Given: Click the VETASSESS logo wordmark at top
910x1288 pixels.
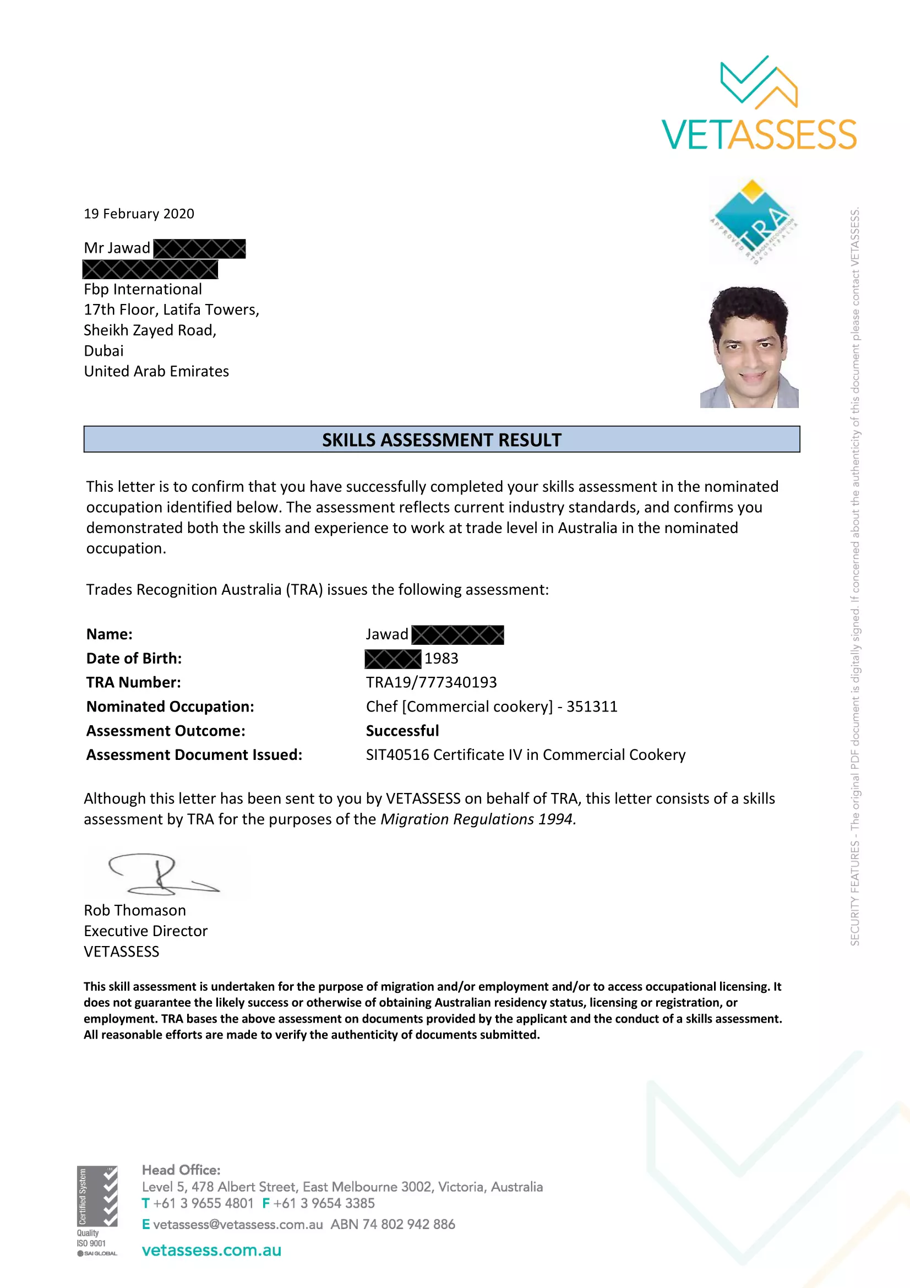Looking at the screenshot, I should [x=759, y=134].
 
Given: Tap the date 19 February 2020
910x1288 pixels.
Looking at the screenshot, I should [x=139, y=214].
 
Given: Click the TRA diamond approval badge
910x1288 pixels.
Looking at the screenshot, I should [x=753, y=221].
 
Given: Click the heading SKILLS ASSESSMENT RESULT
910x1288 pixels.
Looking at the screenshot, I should [x=442, y=440].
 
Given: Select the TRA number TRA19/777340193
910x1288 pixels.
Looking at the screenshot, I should [x=431, y=682].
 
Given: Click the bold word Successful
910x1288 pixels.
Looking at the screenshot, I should [x=402, y=730].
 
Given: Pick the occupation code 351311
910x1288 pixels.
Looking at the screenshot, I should [x=592, y=707].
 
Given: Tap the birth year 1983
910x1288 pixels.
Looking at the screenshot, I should [x=442, y=658].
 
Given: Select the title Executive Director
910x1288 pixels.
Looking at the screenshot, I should [x=146, y=931].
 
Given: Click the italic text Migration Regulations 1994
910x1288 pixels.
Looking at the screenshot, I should [x=478, y=819].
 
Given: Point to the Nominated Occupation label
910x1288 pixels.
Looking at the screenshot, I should [x=170, y=707].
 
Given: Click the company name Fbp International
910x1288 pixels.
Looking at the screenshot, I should [x=143, y=289].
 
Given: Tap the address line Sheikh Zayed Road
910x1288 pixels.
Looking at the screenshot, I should [x=150, y=330].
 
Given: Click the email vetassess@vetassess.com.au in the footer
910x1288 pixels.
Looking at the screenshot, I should [x=238, y=1224].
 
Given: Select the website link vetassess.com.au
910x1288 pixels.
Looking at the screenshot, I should [x=211, y=1250].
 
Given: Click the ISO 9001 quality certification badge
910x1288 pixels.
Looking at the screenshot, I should [x=97, y=1210].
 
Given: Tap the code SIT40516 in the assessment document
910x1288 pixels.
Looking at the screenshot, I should [x=397, y=754].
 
